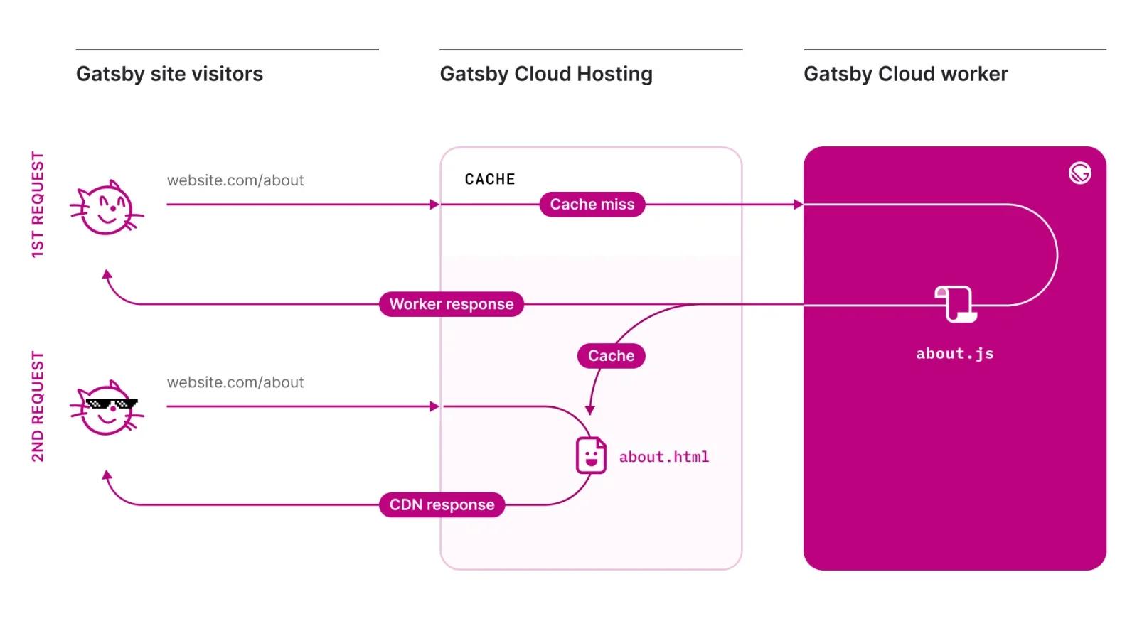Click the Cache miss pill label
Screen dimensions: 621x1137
pyautogui.click(x=592, y=205)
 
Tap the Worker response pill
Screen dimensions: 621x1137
pyautogui.click(x=451, y=304)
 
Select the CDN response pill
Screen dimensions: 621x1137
pyautogui.click(x=442, y=505)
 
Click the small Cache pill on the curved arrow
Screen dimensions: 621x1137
pyautogui.click(x=611, y=356)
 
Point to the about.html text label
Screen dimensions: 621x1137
pyautogui.click(x=663, y=457)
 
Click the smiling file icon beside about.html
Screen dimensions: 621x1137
pyautogui.click(x=590, y=455)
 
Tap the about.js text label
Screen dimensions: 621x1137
pyautogui.click(x=954, y=354)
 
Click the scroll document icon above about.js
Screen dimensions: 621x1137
pyautogui.click(x=955, y=304)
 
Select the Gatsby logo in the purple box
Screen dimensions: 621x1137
pyautogui.click(x=1079, y=173)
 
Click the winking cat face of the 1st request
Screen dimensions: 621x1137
pyautogui.click(x=107, y=208)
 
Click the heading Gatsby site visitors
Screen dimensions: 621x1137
pyautogui.click(x=169, y=74)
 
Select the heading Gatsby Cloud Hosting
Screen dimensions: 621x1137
pyautogui.click(x=545, y=74)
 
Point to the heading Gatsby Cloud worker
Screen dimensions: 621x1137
pyautogui.click(x=905, y=74)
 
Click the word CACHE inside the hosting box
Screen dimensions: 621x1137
pyautogui.click(x=489, y=180)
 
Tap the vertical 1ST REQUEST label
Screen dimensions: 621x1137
pyautogui.click(x=38, y=205)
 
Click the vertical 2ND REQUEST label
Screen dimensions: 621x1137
pyautogui.click(x=38, y=406)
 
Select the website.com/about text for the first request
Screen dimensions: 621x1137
pyautogui.click(x=235, y=180)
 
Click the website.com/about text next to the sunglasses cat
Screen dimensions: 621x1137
pyautogui.click(x=235, y=382)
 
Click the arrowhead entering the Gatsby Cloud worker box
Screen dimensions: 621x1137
pyautogui.click(x=798, y=205)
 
